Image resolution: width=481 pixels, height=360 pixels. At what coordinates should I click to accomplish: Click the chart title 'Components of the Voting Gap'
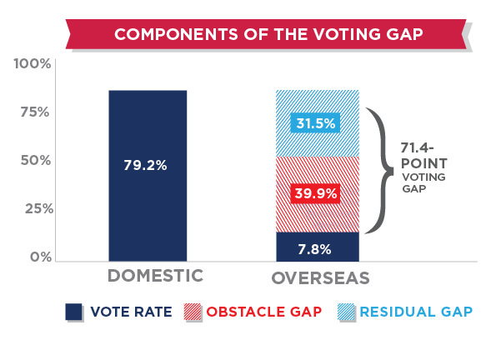(x=268, y=34)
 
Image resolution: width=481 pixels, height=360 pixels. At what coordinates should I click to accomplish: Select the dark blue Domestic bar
(x=148, y=176)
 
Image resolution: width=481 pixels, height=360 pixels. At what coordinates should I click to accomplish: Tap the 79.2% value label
(x=145, y=165)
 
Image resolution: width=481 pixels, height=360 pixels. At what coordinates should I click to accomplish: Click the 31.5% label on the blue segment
(x=316, y=123)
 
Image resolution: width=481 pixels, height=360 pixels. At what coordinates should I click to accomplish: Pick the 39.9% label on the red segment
(x=316, y=193)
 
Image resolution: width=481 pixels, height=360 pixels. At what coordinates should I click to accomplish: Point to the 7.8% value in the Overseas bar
(x=315, y=250)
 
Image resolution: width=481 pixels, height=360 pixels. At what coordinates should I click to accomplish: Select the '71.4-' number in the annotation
(x=417, y=148)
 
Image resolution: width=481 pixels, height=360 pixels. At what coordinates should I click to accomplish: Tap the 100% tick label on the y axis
(x=33, y=64)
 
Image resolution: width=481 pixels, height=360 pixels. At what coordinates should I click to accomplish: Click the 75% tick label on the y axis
(x=35, y=112)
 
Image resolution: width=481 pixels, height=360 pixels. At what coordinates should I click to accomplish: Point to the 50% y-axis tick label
(x=36, y=160)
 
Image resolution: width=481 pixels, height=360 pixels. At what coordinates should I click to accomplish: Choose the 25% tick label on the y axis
(x=39, y=209)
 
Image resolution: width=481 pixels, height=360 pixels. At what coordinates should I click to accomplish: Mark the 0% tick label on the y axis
(x=41, y=257)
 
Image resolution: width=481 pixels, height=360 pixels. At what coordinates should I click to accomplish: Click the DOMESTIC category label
(x=156, y=275)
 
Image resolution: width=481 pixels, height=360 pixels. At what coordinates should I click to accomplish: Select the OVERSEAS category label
(x=321, y=278)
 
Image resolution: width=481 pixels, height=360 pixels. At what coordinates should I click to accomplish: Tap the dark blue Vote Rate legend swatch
(x=74, y=312)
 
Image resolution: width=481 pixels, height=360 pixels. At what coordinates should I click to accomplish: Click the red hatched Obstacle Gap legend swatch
(x=193, y=312)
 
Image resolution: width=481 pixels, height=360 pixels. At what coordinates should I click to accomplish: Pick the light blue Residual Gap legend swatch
(x=346, y=312)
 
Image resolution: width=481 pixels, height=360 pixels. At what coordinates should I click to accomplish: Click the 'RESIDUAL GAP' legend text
(x=416, y=312)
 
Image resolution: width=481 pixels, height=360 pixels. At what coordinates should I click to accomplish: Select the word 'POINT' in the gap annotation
(x=424, y=163)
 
